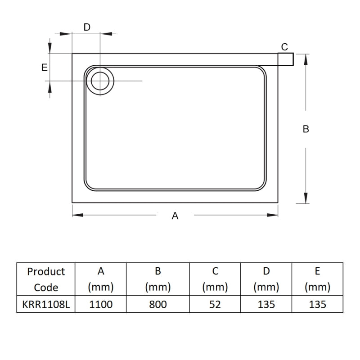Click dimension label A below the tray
[x=175, y=216]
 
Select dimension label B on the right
[x=306, y=129]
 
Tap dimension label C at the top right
[x=284, y=47]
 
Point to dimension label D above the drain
[x=87, y=27]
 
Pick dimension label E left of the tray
[x=44, y=67]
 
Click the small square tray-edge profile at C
[x=286, y=59]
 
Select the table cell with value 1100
[x=101, y=305]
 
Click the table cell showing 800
[x=157, y=305]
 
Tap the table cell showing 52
[x=215, y=305]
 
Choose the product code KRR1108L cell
[x=46, y=305]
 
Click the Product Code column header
[x=46, y=279]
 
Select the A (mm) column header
[x=101, y=279]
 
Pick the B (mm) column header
[x=157, y=279]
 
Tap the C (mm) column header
[x=215, y=279]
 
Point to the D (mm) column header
[x=266, y=279]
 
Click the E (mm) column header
[x=317, y=279]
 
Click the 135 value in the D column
[x=266, y=305]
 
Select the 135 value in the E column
[x=317, y=305]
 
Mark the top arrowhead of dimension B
[x=306, y=58]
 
